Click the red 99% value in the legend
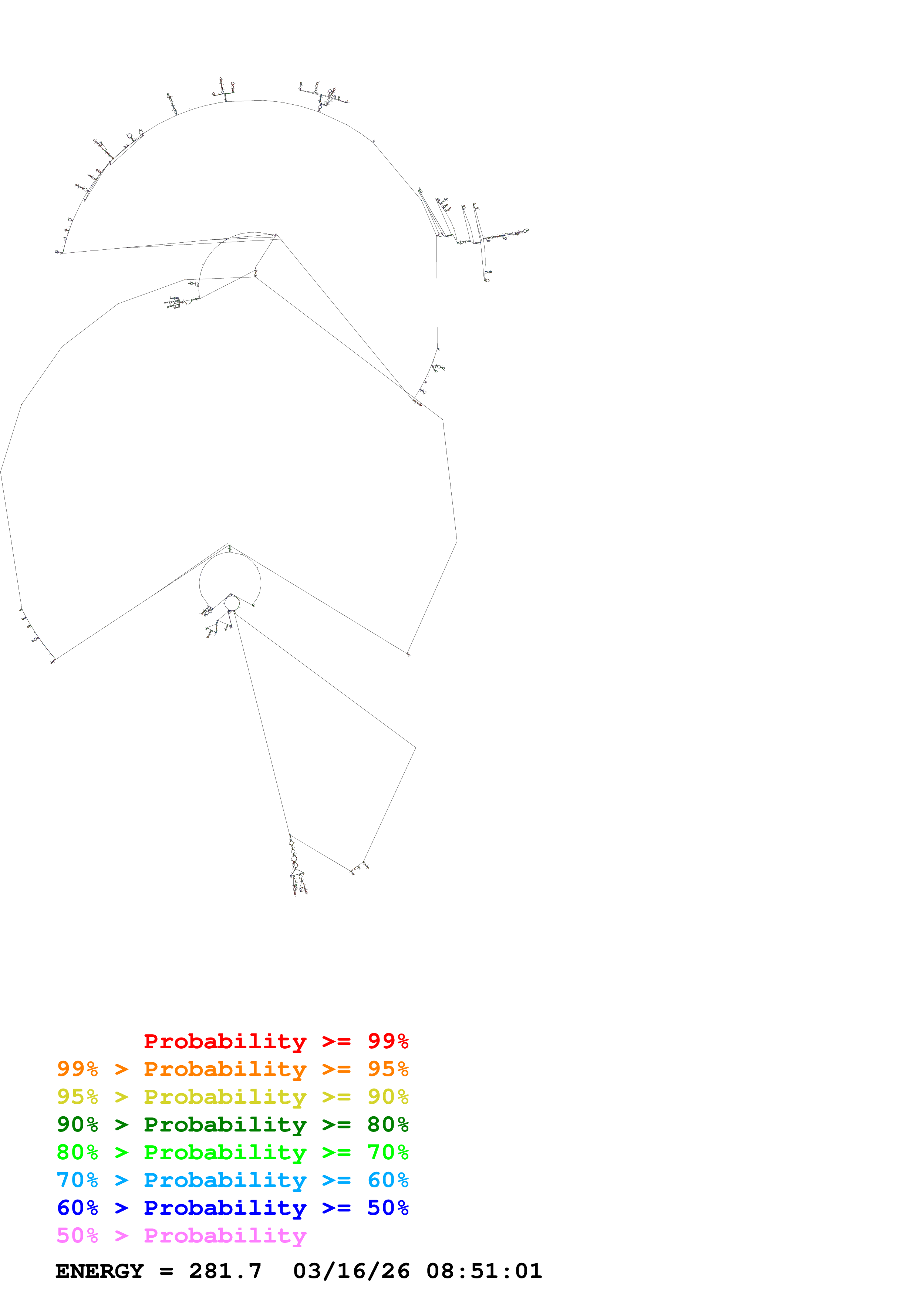coord(388,1041)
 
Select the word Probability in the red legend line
coord(225,1041)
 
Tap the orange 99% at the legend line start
coord(77,1069)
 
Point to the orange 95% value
coord(388,1069)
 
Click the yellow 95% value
coord(77,1097)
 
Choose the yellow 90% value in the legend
coord(388,1097)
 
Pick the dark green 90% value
coord(77,1124)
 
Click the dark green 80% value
coord(388,1124)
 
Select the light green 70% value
coord(388,1152)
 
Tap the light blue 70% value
coord(77,1180)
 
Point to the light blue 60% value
coord(388,1180)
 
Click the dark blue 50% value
coord(388,1208)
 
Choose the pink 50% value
coord(77,1235)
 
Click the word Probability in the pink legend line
coord(225,1235)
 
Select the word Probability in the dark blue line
coord(225,1208)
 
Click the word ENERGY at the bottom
coord(100,1271)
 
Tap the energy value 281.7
coord(225,1271)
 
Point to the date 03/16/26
coord(351,1271)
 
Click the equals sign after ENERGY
coord(166,1271)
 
